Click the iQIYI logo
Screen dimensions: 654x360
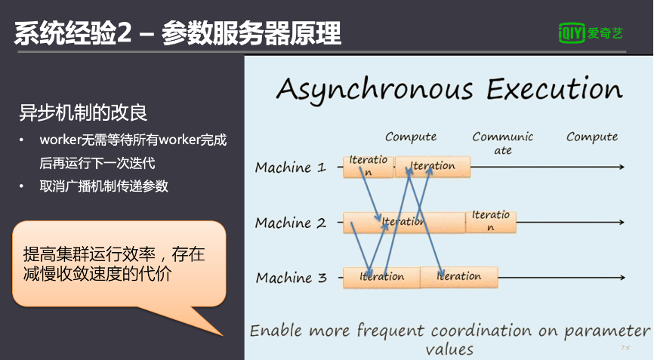pos(591,32)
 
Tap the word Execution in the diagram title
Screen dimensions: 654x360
pos(554,89)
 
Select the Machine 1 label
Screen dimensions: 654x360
pos(290,168)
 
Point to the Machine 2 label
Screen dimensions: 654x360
pos(290,223)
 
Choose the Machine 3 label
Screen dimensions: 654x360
pos(291,278)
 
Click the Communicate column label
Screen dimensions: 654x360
pos(503,143)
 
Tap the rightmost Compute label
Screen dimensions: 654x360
pos(592,137)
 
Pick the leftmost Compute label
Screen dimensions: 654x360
pos(411,137)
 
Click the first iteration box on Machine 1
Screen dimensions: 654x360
pos(368,166)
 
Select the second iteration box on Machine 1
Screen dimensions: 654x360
pos(433,166)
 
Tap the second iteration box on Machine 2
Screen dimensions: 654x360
pos(491,221)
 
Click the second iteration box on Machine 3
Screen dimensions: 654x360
pos(458,277)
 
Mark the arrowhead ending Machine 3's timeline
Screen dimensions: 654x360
pos(621,277)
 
